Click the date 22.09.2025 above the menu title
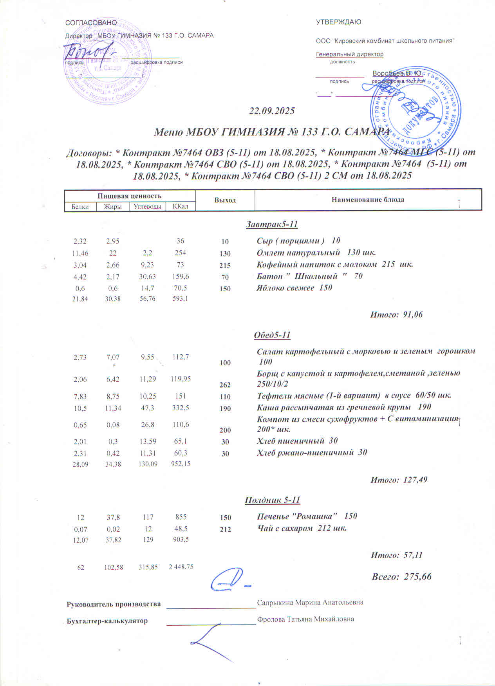coord(272,111)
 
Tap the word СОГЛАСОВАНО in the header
coord(91,23)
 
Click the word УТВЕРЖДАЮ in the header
coord(338,22)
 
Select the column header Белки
coord(80,207)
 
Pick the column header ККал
coord(180,206)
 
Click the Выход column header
coord(225,200)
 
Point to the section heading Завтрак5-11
coord(272,224)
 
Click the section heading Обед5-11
coord(272,335)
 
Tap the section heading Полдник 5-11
coord(272,500)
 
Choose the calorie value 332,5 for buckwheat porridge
coord(180,408)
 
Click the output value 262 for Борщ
coord(225,385)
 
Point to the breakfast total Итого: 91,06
coord(396,314)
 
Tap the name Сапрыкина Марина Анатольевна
coord(310,602)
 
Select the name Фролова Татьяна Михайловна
coord(305,619)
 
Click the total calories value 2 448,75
coord(181,567)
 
